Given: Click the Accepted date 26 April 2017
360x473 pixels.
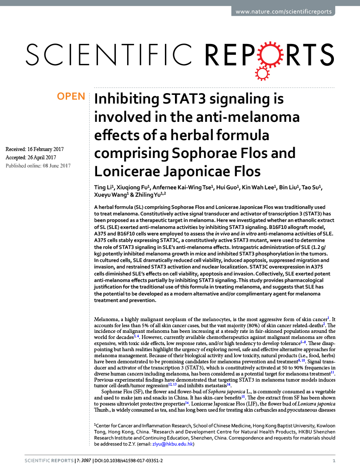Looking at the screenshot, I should point(31,157).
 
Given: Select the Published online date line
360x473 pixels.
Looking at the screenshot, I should point(38,165).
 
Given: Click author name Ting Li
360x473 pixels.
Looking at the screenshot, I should point(103,188).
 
